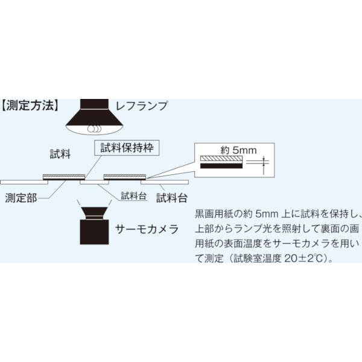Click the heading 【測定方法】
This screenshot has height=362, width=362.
point(30,106)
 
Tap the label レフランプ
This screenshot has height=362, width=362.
point(141,106)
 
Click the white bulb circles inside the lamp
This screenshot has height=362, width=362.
point(94,129)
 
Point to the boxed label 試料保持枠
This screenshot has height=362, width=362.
point(127,148)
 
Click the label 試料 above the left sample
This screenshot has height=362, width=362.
point(60,153)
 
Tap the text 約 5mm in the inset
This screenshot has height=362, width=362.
point(238,150)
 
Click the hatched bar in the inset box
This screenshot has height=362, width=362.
point(221,159)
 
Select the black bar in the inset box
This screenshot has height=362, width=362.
point(221,166)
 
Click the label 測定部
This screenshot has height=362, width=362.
point(21,198)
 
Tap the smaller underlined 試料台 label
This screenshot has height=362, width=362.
point(134,195)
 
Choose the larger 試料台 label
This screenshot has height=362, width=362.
point(172,198)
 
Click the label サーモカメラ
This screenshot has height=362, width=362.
point(147,229)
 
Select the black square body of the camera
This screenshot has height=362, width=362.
point(94,232)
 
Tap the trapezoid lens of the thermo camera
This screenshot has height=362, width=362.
point(94,213)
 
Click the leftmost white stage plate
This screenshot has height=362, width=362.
point(24,182)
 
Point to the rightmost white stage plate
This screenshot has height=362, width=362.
point(165,182)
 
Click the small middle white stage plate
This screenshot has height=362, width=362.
point(94,182)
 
